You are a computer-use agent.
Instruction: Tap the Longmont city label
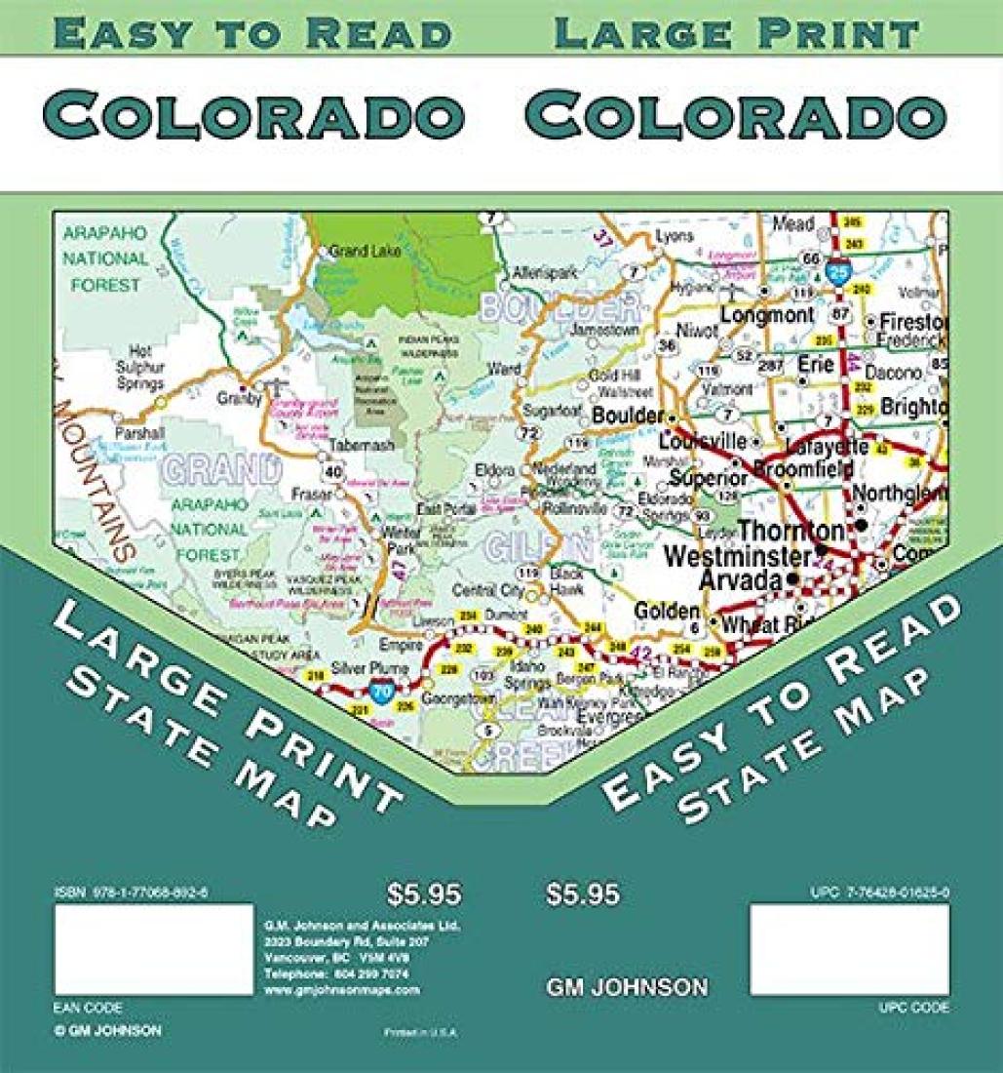tap(766, 315)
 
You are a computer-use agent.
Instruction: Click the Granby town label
tap(233, 398)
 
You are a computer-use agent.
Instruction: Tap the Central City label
tap(487, 589)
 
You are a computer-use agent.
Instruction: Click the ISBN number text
tap(133, 893)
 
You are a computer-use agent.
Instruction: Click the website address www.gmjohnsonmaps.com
tap(342, 989)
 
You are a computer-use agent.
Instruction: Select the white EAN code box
tap(154, 949)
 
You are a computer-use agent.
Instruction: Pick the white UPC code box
tap(849, 949)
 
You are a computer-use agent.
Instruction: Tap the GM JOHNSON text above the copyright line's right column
tap(627, 987)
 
